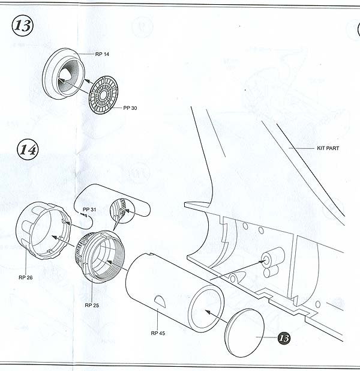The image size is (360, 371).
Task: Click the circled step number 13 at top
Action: (23, 27)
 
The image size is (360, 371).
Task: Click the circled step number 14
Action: (27, 149)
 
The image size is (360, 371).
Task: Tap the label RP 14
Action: (102, 54)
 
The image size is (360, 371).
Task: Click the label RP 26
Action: (26, 277)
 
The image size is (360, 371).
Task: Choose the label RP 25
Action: (92, 306)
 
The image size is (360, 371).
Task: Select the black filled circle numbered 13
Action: (284, 338)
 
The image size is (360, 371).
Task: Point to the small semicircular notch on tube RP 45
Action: (157, 299)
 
